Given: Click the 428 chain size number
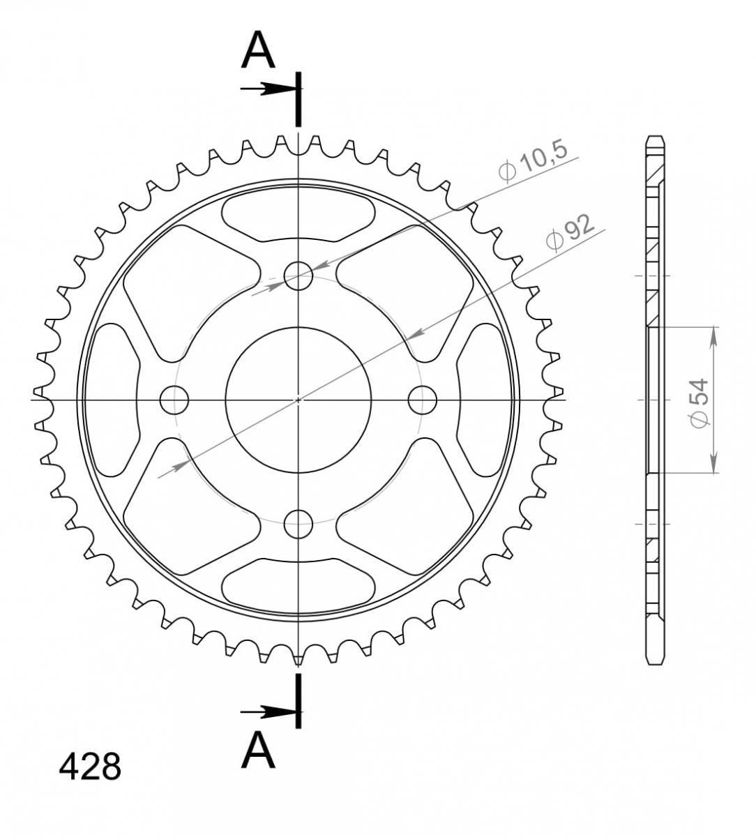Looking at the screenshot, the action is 90,767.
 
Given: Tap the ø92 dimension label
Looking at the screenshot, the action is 570,233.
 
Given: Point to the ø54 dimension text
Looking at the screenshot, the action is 700,402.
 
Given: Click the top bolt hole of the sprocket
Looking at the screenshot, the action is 298,276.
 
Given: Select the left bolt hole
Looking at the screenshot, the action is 174,400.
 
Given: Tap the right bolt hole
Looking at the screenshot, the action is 422,400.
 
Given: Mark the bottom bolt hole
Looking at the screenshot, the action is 298,524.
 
